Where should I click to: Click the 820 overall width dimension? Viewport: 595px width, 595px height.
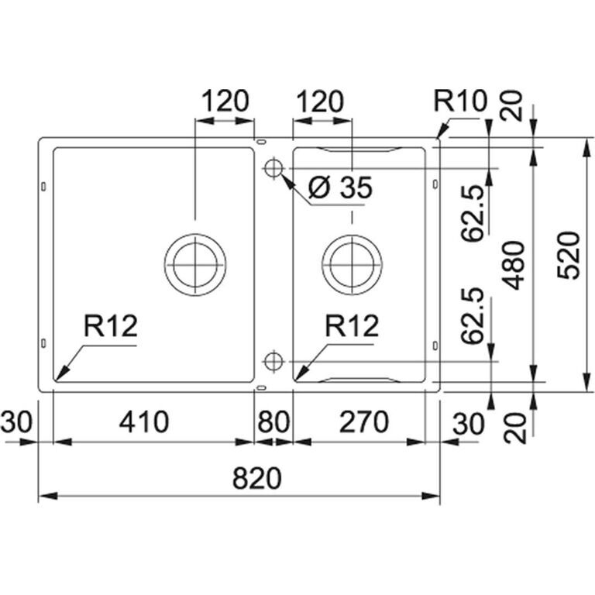click(x=257, y=478)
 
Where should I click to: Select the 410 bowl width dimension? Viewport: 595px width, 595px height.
click(x=144, y=421)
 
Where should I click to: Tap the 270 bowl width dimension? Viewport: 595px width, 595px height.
click(x=364, y=421)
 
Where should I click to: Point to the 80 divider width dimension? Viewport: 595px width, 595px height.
click(x=273, y=421)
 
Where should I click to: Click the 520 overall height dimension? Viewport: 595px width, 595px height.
click(x=569, y=256)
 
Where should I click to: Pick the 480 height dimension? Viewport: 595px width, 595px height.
click(x=513, y=265)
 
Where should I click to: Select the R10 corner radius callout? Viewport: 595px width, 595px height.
click(x=460, y=101)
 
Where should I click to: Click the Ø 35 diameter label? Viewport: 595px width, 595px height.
click(x=340, y=187)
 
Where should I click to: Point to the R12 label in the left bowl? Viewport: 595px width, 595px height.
click(x=111, y=326)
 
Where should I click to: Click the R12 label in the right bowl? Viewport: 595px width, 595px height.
click(x=352, y=326)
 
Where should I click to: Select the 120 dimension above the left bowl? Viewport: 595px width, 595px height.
click(x=225, y=101)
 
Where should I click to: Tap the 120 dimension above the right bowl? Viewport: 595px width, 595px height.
click(x=319, y=101)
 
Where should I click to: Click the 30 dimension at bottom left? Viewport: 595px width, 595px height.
click(x=17, y=421)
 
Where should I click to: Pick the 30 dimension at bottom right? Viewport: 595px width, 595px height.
click(x=469, y=424)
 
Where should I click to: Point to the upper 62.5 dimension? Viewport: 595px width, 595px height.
click(x=473, y=213)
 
